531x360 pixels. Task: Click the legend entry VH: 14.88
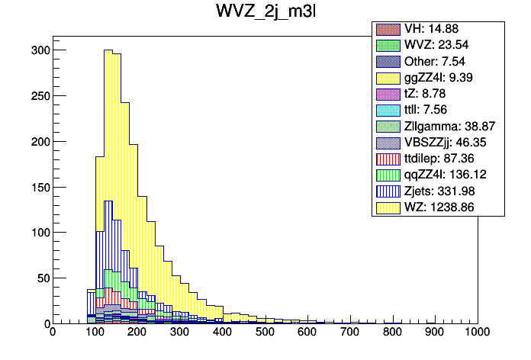point(428,30)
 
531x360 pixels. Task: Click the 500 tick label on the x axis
point(265,333)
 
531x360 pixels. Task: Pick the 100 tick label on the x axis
point(95,333)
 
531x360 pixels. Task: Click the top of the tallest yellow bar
point(108,50)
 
